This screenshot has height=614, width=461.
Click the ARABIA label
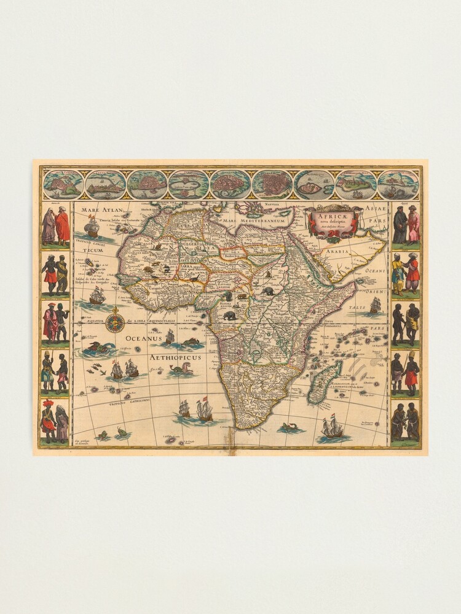click(x=338, y=251)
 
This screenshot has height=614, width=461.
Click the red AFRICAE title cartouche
click(x=331, y=220)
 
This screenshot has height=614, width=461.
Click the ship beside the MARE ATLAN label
click(x=92, y=227)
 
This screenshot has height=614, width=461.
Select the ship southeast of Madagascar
click(x=332, y=428)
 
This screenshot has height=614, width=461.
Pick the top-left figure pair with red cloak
click(x=55, y=226)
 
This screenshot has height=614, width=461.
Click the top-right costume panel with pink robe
click(x=406, y=226)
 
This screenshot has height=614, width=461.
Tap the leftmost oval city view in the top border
click(x=63, y=184)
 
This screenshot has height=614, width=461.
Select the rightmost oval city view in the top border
click(x=398, y=184)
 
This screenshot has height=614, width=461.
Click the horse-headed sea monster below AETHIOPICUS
click(x=183, y=370)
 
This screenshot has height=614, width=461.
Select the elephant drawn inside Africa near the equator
click(x=229, y=316)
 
